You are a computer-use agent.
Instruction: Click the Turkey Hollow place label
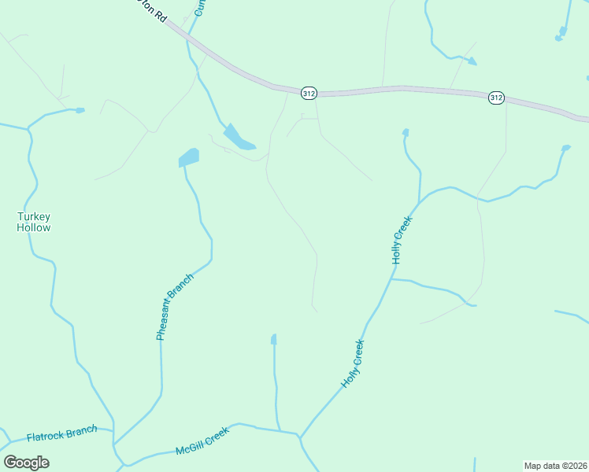click(34, 222)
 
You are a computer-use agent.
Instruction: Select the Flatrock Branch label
click(61, 433)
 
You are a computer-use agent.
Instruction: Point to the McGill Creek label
click(202, 442)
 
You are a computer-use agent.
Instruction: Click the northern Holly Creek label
click(402, 241)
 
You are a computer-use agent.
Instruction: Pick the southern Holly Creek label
click(353, 363)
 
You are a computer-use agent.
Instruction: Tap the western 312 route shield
click(309, 93)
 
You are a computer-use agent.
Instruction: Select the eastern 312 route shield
click(495, 98)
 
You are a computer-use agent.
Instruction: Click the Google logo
click(26, 463)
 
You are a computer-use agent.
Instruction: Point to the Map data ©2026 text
click(555, 465)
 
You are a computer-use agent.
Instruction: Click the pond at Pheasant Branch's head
click(189, 157)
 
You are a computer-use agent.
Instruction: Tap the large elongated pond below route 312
click(238, 138)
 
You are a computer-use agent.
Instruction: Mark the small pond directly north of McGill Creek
click(274, 340)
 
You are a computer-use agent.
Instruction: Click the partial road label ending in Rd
click(154, 13)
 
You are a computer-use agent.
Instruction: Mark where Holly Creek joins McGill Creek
click(299, 436)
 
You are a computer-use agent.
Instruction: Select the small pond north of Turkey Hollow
click(80, 110)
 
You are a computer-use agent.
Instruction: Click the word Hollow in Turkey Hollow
click(34, 228)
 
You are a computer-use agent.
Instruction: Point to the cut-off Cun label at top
click(200, 8)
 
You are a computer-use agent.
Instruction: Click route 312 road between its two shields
click(402, 90)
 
